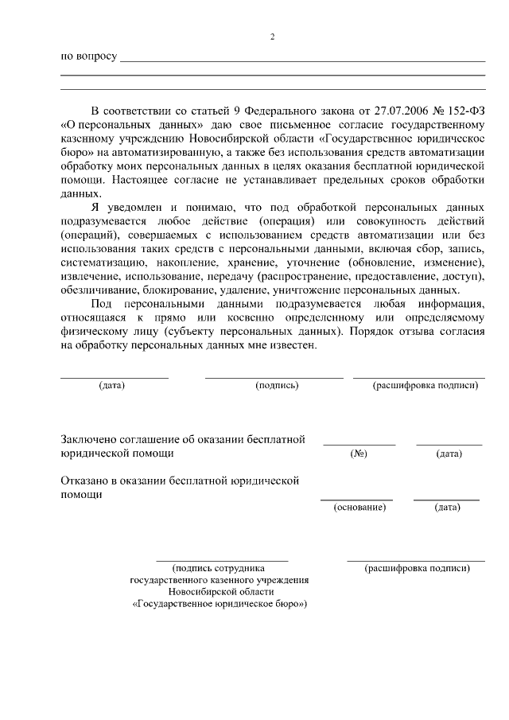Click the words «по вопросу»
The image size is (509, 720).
(x=89, y=57)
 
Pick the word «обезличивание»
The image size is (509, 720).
(x=99, y=290)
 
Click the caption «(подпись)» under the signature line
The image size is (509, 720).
(x=277, y=386)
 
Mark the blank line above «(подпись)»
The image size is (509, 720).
(x=274, y=376)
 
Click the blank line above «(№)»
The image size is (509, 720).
(x=359, y=444)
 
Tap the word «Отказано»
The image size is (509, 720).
(x=84, y=481)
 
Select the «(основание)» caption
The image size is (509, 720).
(x=359, y=507)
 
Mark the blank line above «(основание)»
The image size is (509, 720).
(x=356, y=499)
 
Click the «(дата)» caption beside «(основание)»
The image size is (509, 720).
(x=447, y=507)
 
